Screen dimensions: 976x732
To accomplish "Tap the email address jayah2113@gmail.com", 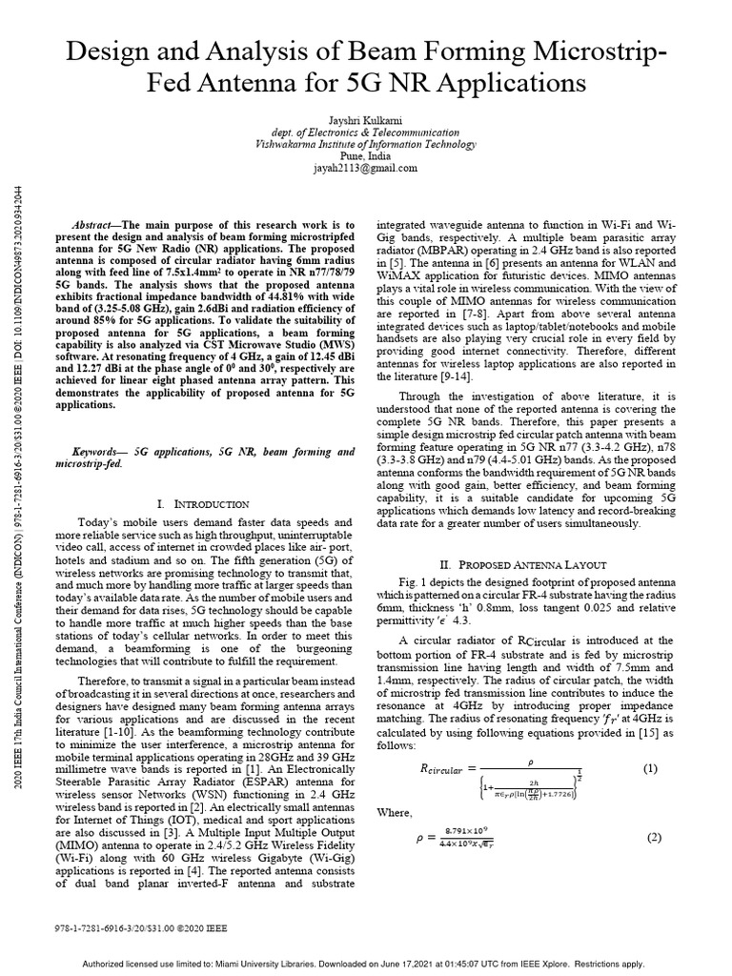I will click(366, 168).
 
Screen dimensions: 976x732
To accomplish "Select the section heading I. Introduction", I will click(203, 503).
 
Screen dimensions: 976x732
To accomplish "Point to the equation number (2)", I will click(654, 838).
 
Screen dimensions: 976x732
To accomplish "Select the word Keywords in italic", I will click(100, 448).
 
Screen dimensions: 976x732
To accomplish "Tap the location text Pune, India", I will click(366, 156).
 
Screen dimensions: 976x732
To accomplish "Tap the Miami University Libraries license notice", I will click(366, 962).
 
